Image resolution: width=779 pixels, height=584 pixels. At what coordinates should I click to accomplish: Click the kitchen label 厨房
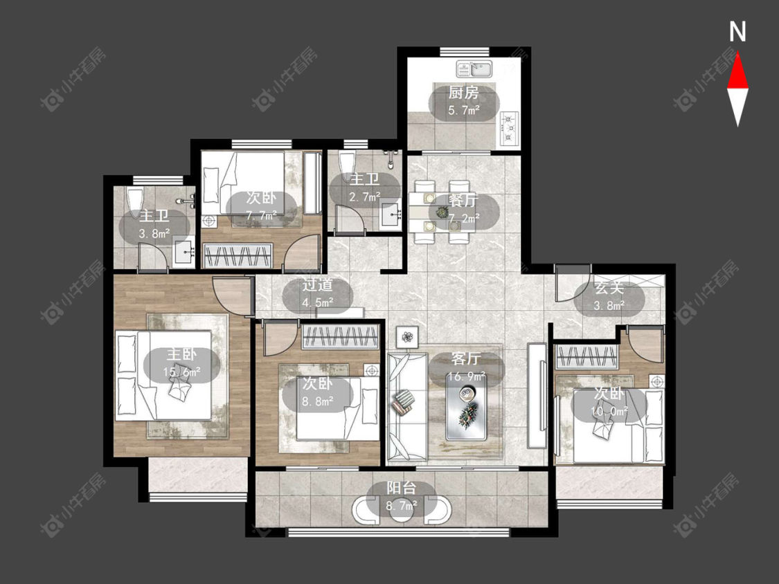point(463,93)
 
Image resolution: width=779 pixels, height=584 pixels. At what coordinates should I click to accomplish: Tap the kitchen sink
point(474,69)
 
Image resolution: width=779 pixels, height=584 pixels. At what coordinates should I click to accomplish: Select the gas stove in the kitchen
point(510,128)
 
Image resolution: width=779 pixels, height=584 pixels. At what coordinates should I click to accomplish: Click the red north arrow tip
point(737,53)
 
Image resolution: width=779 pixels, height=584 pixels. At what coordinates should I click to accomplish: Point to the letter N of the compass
point(737,32)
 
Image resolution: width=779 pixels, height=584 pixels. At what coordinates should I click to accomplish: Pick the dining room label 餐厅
point(463,201)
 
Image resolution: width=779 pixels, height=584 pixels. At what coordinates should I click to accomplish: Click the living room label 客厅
point(467,358)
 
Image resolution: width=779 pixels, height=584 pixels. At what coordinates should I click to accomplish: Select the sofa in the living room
point(407,406)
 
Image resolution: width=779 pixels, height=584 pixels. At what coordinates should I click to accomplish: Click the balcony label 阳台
point(402,489)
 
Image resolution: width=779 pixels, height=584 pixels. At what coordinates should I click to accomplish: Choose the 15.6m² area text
point(181,372)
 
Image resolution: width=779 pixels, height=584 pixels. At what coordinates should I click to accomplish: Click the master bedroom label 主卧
point(181,354)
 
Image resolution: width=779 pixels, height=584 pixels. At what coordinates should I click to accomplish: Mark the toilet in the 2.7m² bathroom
point(346,165)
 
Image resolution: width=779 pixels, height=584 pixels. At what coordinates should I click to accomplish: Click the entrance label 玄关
point(609,289)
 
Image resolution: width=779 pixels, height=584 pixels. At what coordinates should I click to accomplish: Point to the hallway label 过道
point(317,285)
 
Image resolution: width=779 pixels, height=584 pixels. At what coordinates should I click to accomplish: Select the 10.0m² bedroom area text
point(609,411)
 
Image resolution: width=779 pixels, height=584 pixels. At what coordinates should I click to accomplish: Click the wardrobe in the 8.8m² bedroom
point(340,338)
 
